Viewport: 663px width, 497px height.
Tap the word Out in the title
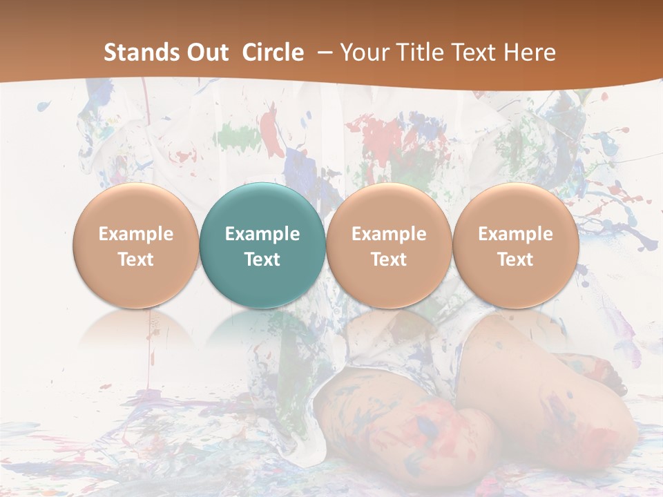point(206,52)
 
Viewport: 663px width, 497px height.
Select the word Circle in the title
point(273,52)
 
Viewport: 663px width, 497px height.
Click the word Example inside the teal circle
point(262,234)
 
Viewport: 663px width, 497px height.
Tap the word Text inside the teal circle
point(262,260)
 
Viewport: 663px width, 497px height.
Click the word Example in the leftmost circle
point(135,234)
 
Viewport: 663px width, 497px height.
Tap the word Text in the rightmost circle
point(515,260)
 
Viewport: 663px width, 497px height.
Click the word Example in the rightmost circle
point(515,234)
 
